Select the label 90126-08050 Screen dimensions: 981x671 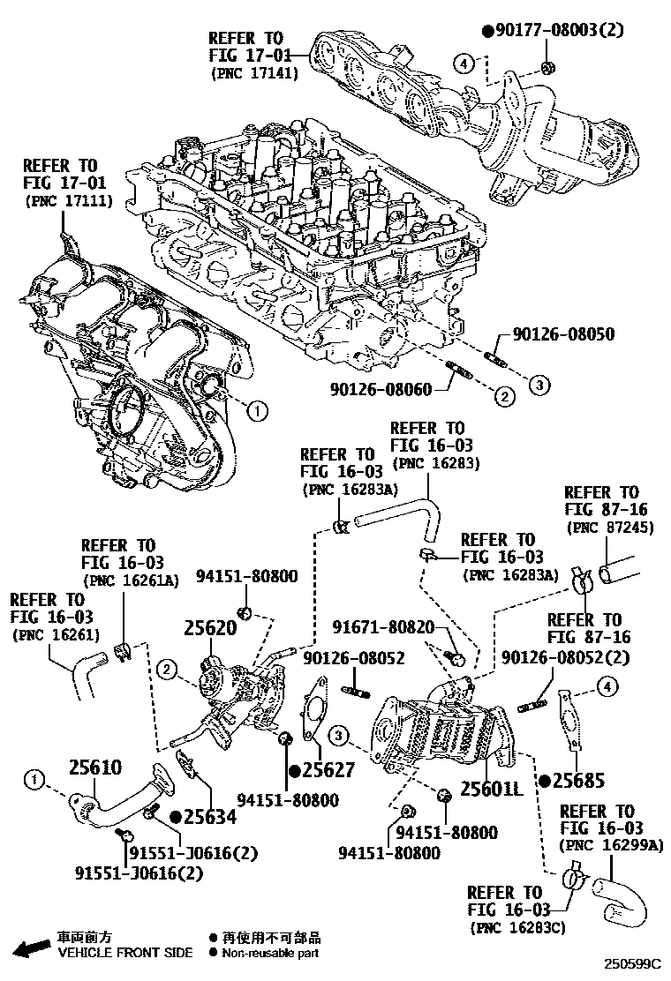click(x=563, y=335)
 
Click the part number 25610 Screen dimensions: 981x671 click(x=94, y=767)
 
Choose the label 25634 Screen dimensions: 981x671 click(x=210, y=817)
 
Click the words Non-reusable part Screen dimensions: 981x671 click(x=270, y=953)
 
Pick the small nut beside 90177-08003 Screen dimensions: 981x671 click(x=547, y=67)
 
